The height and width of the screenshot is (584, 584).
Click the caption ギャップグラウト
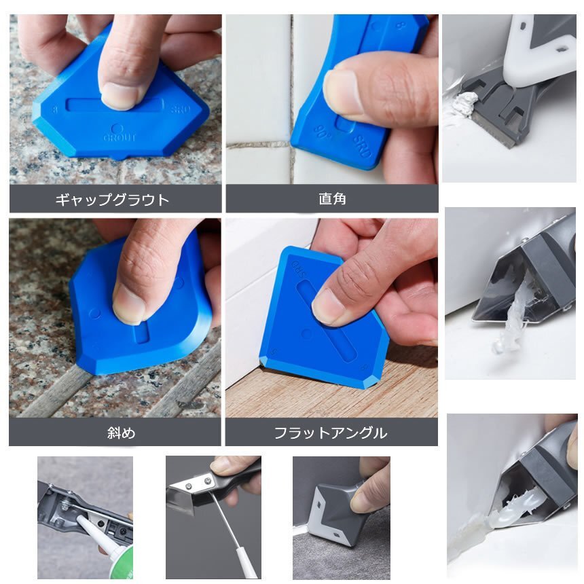[x=112, y=200]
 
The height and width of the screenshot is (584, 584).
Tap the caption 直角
[x=332, y=199]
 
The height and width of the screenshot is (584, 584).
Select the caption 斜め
[x=121, y=433]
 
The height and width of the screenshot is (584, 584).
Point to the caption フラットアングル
[x=331, y=433]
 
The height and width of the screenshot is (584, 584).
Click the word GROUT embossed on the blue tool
[x=120, y=137]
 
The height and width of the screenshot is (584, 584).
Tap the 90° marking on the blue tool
[x=322, y=131]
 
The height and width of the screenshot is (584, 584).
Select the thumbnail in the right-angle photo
[x=342, y=91]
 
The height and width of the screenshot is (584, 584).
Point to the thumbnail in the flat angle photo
[x=327, y=306]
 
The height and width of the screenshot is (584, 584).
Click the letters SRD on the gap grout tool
[x=181, y=109]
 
